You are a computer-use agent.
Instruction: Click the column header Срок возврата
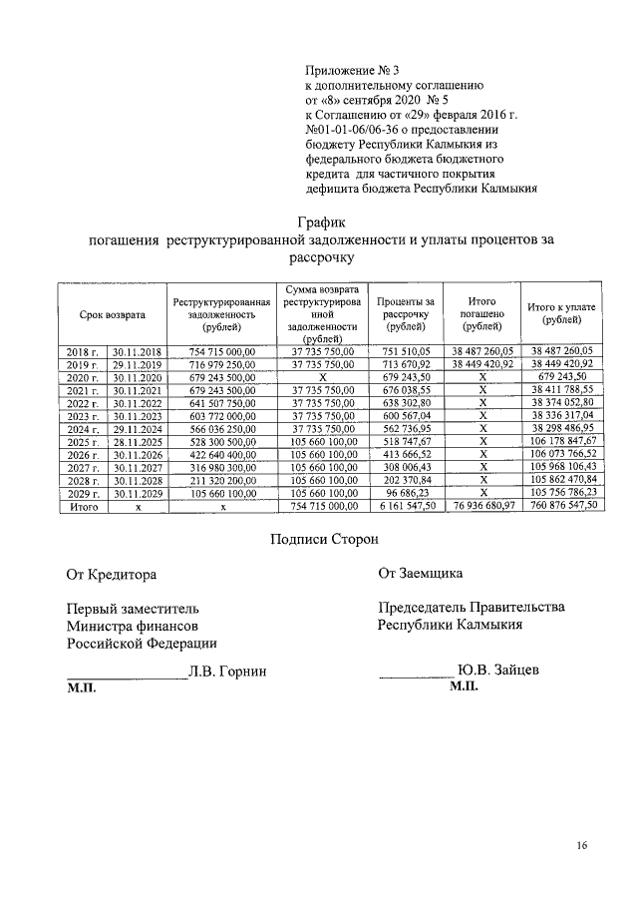coord(113,314)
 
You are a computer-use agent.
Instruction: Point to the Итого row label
coord(83,507)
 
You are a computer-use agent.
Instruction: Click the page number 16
coord(582,847)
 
